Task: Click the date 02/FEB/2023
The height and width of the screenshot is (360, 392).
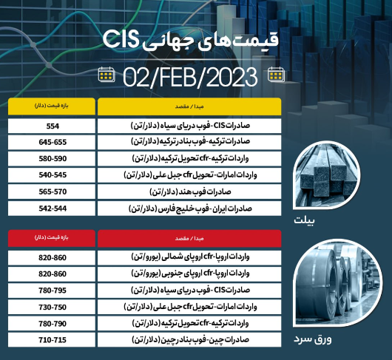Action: [190, 77]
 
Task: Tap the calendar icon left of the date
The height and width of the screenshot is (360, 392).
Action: [107, 75]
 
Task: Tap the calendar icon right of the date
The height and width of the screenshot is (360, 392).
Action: [276, 75]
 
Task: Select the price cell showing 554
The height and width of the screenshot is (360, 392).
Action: [52, 126]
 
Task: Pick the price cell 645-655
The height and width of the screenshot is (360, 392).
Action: [52, 142]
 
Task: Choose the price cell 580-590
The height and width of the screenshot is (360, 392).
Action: [52, 159]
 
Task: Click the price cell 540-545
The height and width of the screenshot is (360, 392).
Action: [52, 175]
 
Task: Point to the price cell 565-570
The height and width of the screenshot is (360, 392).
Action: [52, 191]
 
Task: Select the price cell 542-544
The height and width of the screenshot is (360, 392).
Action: [52, 208]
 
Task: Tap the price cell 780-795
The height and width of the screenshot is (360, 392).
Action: [52, 291]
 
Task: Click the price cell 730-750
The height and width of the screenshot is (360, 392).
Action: [52, 307]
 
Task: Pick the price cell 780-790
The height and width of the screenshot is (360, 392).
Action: [52, 324]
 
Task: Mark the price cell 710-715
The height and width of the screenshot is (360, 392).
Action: [52, 340]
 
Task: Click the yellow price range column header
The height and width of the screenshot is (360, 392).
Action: [52, 106]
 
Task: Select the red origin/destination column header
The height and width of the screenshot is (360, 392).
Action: [189, 238]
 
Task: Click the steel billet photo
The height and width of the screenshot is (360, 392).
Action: [326, 175]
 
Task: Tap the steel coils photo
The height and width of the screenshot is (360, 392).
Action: [337, 282]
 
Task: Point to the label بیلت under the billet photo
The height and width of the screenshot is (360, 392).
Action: [304, 220]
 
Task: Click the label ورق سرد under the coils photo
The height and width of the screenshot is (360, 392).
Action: [313, 339]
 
